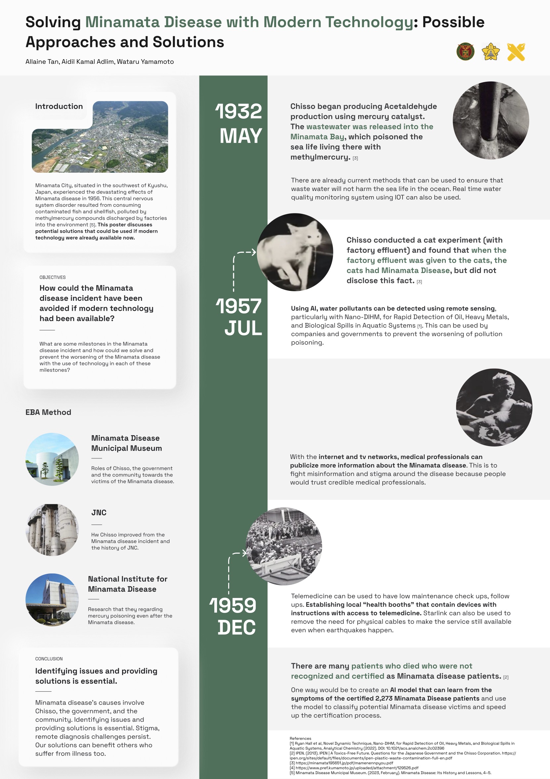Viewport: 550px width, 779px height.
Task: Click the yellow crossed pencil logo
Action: (516, 52)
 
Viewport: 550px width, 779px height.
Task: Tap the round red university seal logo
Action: (465, 52)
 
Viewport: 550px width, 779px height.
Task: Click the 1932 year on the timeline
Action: (239, 111)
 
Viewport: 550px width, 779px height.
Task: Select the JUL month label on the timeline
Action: (243, 328)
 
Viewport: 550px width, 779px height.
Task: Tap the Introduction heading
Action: (59, 106)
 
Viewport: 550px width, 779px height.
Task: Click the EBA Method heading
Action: (48, 412)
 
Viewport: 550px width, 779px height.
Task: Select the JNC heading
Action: (99, 512)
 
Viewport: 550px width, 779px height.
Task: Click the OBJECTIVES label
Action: (53, 277)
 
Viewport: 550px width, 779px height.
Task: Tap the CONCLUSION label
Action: (49, 659)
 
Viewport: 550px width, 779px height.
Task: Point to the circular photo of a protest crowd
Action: (284, 546)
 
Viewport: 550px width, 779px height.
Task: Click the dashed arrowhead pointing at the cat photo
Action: (253, 252)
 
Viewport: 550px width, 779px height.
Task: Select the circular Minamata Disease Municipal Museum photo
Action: (52, 459)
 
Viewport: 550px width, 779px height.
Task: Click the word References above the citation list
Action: (300, 738)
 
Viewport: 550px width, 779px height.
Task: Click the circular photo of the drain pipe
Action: (491, 120)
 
